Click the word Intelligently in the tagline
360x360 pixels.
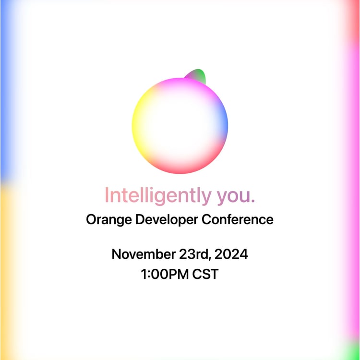(x=158, y=196)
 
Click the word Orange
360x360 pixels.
(x=109, y=220)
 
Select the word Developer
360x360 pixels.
(x=167, y=220)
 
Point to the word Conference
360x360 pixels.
(x=238, y=219)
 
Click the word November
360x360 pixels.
(x=144, y=254)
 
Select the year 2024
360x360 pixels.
(x=231, y=254)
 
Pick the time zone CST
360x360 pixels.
(x=205, y=274)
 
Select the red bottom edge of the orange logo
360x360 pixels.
(x=180, y=169)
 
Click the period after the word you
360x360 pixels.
(x=253, y=201)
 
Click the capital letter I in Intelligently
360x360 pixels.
(x=107, y=195)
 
